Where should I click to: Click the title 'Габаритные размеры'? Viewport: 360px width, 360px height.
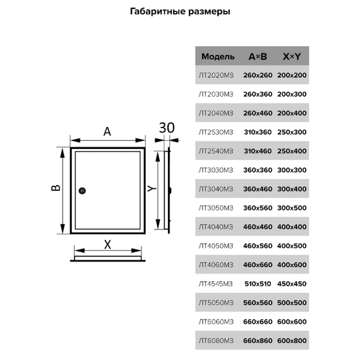[180, 11]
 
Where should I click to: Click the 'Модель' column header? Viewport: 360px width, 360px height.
[218, 56]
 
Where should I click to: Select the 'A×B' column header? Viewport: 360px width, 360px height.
[258, 56]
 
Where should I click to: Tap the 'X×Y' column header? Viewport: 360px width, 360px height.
[292, 56]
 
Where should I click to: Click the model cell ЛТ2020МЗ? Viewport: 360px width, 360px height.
[216, 75]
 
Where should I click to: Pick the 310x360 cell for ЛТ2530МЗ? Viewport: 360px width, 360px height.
[258, 132]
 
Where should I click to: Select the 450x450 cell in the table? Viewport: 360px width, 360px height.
[292, 284]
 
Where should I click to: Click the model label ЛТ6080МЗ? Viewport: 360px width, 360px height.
[216, 340]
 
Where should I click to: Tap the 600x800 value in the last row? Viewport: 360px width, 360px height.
[292, 340]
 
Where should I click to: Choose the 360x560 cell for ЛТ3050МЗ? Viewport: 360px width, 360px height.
[258, 208]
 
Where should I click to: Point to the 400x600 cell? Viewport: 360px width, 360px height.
[292, 265]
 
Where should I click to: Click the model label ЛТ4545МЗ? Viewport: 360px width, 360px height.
[215, 284]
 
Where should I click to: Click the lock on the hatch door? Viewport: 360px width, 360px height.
[82, 191]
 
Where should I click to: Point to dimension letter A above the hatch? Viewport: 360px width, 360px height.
[107, 131]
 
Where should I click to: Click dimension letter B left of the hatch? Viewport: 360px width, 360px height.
[56, 188]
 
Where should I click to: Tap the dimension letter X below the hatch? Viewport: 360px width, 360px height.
[107, 244]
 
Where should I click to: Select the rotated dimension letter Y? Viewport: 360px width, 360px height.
[152, 188]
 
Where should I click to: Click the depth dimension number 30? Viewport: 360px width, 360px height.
[167, 128]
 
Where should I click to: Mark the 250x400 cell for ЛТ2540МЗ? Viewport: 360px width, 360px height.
[292, 151]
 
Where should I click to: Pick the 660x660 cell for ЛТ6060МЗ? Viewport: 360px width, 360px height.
[258, 321]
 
